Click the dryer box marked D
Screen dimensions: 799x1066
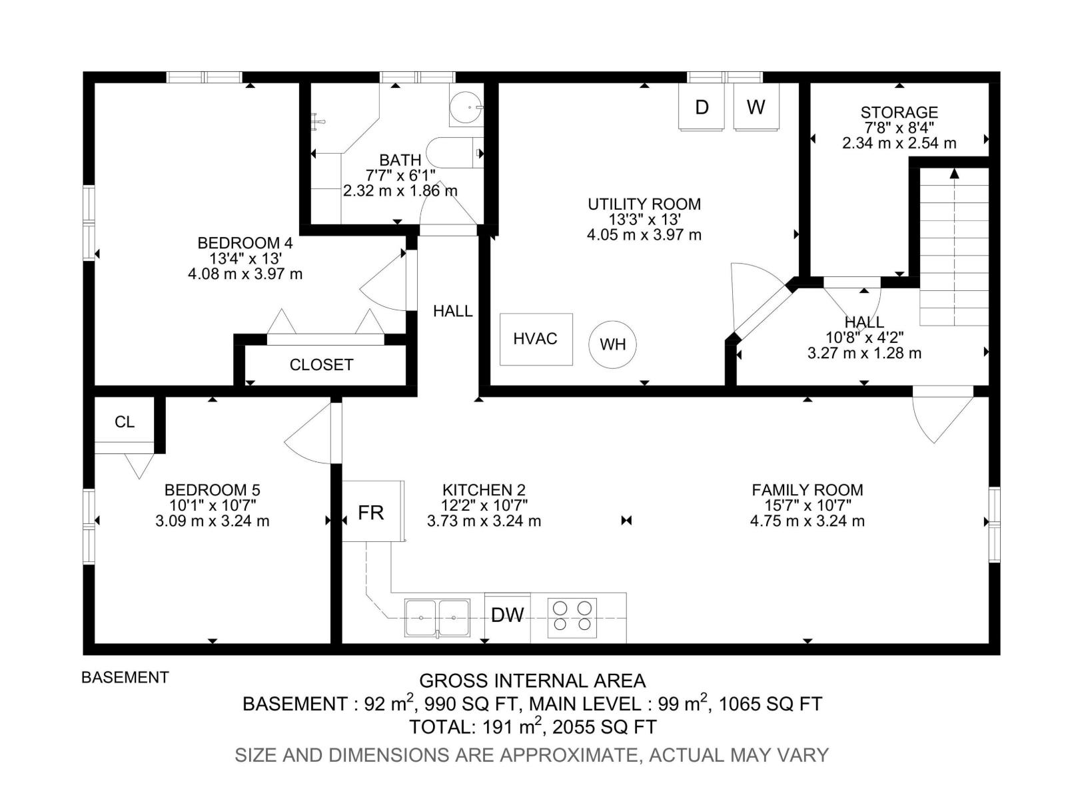tap(702, 107)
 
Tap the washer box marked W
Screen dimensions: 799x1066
tap(756, 107)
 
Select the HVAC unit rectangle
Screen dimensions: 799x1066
tap(536, 339)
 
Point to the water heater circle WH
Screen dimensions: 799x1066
tap(612, 344)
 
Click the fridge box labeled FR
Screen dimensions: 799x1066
tap(372, 511)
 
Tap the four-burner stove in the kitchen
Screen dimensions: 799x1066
tap(572, 616)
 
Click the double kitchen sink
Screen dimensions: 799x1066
tap(437, 617)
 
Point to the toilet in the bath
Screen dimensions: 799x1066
tap(453, 152)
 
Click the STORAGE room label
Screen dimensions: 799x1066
tap(899, 113)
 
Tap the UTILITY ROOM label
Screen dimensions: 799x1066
tap(644, 204)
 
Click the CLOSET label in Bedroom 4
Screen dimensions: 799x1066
tap(321, 365)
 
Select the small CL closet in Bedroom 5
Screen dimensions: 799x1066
tap(125, 421)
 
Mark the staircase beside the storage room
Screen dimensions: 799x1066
tap(954, 246)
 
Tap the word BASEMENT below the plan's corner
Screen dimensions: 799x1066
tap(125, 677)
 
